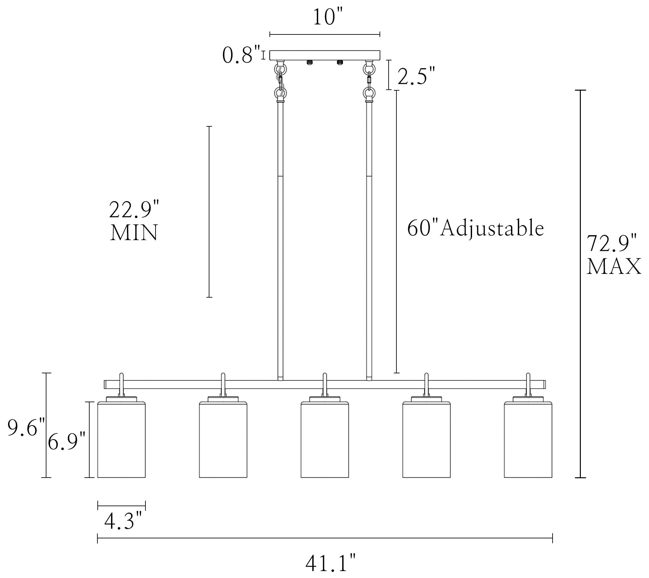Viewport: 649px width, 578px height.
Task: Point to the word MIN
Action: click(x=134, y=233)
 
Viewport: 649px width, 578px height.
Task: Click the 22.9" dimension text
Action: click(x=134, y=210)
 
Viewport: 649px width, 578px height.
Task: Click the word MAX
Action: click(x=614, y=267)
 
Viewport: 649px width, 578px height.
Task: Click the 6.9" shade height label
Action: click(x=66, y=442)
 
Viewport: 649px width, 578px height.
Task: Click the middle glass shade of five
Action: click(x=325, y=440)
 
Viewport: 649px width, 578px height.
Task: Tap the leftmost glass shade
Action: click(x=121, y=440)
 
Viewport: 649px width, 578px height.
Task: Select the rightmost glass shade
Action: click(x=528, y=440)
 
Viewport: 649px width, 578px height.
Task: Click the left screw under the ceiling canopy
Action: click(x=309, y=62)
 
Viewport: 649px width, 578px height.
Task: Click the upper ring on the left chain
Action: click(x=280, y=69)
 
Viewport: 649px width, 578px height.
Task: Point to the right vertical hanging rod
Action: click(x=369, y=240)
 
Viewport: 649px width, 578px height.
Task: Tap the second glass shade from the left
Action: click(x=223, y=440)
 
